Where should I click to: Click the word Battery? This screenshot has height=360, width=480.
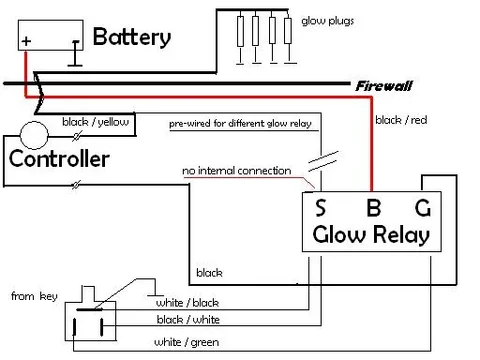pyautogui.click(x=131, y=38)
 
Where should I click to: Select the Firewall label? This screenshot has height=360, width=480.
pyautogui.click(x=383, y=87)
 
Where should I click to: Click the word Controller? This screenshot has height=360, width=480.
pyautogui.click(x=59, y=159)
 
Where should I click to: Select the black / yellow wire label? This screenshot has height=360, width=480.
pyautogui.click(x=95, y=122)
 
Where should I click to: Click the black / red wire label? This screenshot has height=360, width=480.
pyautogui.click(x=401, y=120)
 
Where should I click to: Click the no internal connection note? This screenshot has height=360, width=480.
pyautogui.click(x=236, y=171)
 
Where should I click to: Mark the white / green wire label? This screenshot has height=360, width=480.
pyautogui.click(x=186, y=342)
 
